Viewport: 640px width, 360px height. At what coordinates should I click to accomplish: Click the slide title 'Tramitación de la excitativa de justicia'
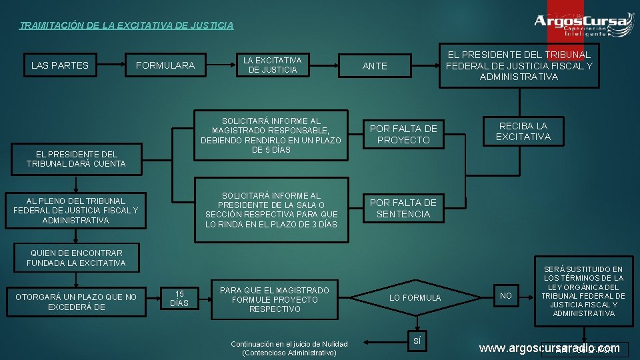tap(127, 26)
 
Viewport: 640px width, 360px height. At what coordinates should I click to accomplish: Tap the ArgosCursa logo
tap(583, 24)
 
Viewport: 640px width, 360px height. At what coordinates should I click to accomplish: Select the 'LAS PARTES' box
tap(59, 65)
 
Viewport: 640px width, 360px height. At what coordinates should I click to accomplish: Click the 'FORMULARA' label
tap(165, 65)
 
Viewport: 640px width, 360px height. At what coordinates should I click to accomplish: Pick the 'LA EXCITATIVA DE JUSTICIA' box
tap(272, 65)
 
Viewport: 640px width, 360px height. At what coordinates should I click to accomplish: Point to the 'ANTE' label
tap(375, 65)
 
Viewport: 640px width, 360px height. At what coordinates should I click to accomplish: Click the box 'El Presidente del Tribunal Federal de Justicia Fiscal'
tap(519, 65)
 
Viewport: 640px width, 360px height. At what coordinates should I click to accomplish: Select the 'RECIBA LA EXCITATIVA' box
tap(523, 131)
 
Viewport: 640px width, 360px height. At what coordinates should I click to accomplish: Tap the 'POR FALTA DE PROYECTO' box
tap(403, 134)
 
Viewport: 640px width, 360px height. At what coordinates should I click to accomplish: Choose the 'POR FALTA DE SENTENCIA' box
tap(403, 208)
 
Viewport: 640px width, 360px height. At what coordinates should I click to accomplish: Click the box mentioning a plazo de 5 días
tap(271, 135)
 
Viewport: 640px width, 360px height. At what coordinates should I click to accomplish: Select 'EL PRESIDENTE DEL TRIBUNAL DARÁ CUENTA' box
tap(76, 159)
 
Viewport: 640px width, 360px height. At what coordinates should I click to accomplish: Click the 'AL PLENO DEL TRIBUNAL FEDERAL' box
tap(76, 210)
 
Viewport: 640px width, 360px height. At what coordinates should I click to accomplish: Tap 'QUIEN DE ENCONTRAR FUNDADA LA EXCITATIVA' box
tap(76, 258)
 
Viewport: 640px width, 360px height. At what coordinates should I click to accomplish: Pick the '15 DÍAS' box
tap(179, 298)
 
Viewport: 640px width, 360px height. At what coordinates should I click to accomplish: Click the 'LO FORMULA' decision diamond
tap(415, 297)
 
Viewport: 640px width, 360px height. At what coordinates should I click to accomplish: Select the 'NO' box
tap(507, 295)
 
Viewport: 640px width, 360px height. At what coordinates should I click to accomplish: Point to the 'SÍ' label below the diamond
tap(417, 340)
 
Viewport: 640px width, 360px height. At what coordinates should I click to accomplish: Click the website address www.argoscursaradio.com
tap(549, 349)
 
